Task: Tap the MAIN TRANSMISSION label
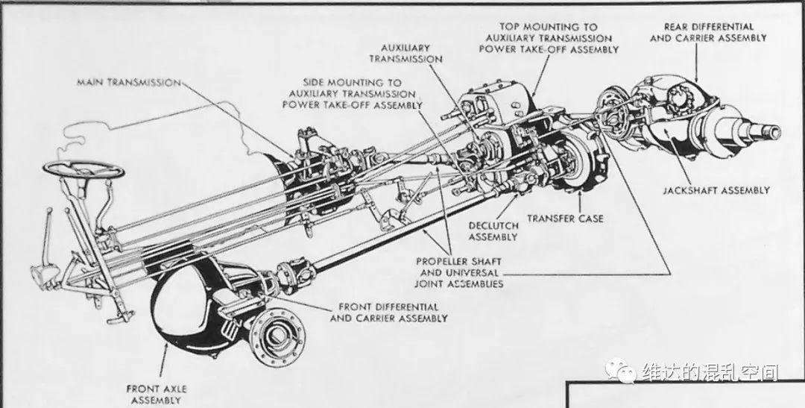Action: (129, 82)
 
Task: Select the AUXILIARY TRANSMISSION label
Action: (405, 54)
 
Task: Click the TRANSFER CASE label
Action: (565, 219)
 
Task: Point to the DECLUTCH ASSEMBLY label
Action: (493, 231)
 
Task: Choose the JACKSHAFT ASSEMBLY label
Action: (716, 191)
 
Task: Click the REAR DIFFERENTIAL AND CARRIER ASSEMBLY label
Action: (709, 32)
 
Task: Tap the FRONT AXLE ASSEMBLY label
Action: (157, 395)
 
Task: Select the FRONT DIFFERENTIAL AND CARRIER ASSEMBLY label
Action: (388, 313)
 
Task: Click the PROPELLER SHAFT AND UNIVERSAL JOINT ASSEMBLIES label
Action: (459, 272)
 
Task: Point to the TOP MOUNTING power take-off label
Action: (549, 38)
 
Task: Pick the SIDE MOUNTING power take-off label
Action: (352, 93)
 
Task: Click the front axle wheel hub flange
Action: (277, 337)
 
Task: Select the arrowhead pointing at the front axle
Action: (165, 348)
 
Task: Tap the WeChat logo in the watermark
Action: (619, 370)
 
